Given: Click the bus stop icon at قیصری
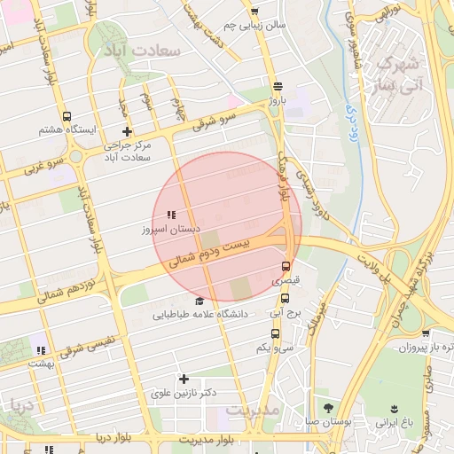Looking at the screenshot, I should (x=285, y=265).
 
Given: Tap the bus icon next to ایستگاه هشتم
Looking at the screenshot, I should (x=67, y=116).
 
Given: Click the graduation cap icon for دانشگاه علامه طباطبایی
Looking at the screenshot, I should (x=199, y=301).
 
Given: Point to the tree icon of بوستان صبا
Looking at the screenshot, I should (x=329, y=408).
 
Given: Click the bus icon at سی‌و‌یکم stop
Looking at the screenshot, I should (x=275, y=334).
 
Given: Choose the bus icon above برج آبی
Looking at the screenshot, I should (x=285, y=298).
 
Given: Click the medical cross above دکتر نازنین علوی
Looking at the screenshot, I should (x=184, y=379).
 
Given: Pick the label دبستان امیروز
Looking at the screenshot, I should (x=168, y=229).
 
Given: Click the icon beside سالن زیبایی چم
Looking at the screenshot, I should (x=254, y=12).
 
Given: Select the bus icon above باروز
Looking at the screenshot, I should (x=278, y=87).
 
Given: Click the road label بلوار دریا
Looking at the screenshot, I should (x=115, y=439).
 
